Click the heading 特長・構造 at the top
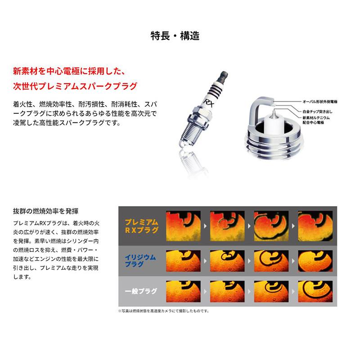pos(175,36)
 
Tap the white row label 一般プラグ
pos(142,291)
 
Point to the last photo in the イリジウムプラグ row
pos(315,260)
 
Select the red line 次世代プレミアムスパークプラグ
pos(75,85)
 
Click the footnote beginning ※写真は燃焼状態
pos(163,310)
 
